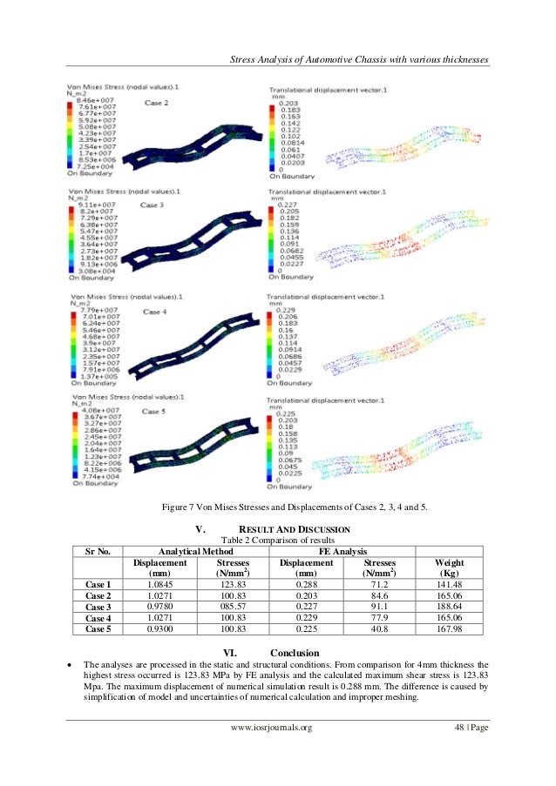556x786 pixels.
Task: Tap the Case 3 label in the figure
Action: (x=155, y=205)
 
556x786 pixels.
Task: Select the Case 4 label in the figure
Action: (x=156, y=311)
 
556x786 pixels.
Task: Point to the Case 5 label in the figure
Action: (x=156, y=411)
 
